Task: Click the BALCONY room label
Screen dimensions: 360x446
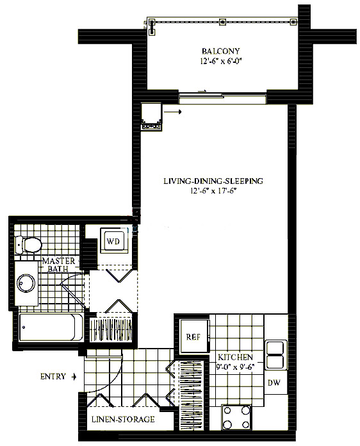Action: [x=220, y=51]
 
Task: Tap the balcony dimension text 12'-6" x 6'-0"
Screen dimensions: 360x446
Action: [x=222, y=61]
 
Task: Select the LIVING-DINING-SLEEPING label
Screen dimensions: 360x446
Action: [x=213, y=181]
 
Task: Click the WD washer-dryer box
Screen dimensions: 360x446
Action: [x=113, y=241]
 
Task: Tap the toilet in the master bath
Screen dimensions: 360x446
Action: [x=28, y=245]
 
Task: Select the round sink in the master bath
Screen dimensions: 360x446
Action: [x=26, y=283]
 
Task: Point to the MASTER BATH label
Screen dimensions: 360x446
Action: [x=58, y=265]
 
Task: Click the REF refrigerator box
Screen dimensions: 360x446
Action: [x=194, y=337]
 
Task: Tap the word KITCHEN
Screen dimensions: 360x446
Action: [x=235, y=358]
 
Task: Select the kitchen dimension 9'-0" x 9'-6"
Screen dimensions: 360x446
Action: [x=235, y=367]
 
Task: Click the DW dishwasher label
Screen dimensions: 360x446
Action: [x=274, y=383]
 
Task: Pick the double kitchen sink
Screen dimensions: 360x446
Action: [x=275, y=354]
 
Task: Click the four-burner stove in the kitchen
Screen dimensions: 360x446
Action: [x=236, y=417]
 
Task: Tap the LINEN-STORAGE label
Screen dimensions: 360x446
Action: [x=123, y=419]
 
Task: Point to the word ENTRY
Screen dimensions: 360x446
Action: [x=53, y=377]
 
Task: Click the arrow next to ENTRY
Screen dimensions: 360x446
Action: [x=74, y=377]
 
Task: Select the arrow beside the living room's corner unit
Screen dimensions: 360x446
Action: [x=172, y=111]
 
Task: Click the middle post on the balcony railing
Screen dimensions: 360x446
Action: [x=222, y=22]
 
